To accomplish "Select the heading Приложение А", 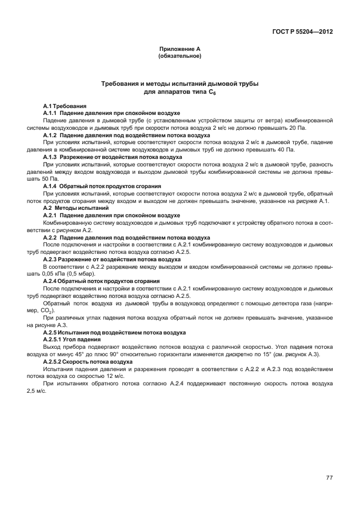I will click(x=179, y=50).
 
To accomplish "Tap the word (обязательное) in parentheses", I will click(x=179, y=57).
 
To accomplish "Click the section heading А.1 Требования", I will click(x=65, y=106).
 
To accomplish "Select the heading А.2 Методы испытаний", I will click(x=77, y=208).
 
